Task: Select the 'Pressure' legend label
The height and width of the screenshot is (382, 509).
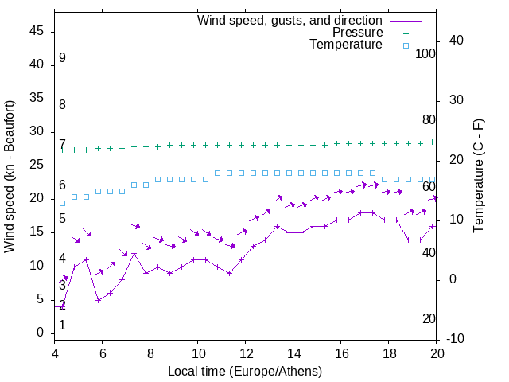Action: [x=357, y=33]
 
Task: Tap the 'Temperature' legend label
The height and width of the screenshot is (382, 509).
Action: [x=346, y=45]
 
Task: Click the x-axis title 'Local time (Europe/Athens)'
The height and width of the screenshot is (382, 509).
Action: [x=245, y=372]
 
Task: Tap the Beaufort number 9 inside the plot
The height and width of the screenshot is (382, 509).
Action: [x=62, y=58]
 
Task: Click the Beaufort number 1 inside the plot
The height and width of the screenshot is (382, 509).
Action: [x=62, y=325]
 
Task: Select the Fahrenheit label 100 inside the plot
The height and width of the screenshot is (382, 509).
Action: [x=425, y=54]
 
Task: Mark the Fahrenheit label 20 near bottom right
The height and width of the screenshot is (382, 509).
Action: [x=429, y=319]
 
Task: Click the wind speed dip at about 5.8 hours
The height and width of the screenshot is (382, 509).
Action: [x=98, y=300]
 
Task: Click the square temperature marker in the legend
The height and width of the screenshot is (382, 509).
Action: [x=405, y=45]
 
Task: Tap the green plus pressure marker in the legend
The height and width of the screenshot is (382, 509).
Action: [x=405, y=33]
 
